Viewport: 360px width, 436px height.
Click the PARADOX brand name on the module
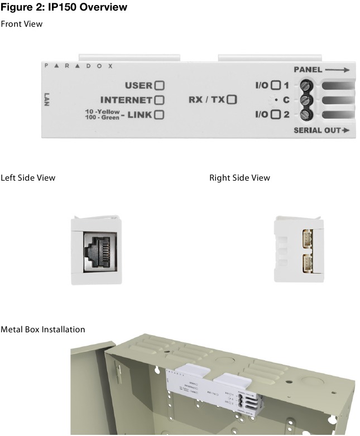[x=79, y=66]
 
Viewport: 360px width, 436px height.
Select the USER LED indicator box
[x=160, y=86]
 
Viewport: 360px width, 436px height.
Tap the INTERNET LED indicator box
[x=160, y=100]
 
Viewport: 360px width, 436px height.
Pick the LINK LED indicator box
[x=160, y=115]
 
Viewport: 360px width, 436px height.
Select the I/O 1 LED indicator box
[x=275, y=86]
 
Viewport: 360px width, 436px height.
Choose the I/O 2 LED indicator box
[x=275, y=115]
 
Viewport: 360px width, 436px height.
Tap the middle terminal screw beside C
[x=305, y=101]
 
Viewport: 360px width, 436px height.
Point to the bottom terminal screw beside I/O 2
[x=305, y=115]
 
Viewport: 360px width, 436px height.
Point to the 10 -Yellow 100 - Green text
[x=99, y=115]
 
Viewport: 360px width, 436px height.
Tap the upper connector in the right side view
[x=308, y=237]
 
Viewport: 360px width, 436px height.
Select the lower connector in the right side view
[x=308, y=263]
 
